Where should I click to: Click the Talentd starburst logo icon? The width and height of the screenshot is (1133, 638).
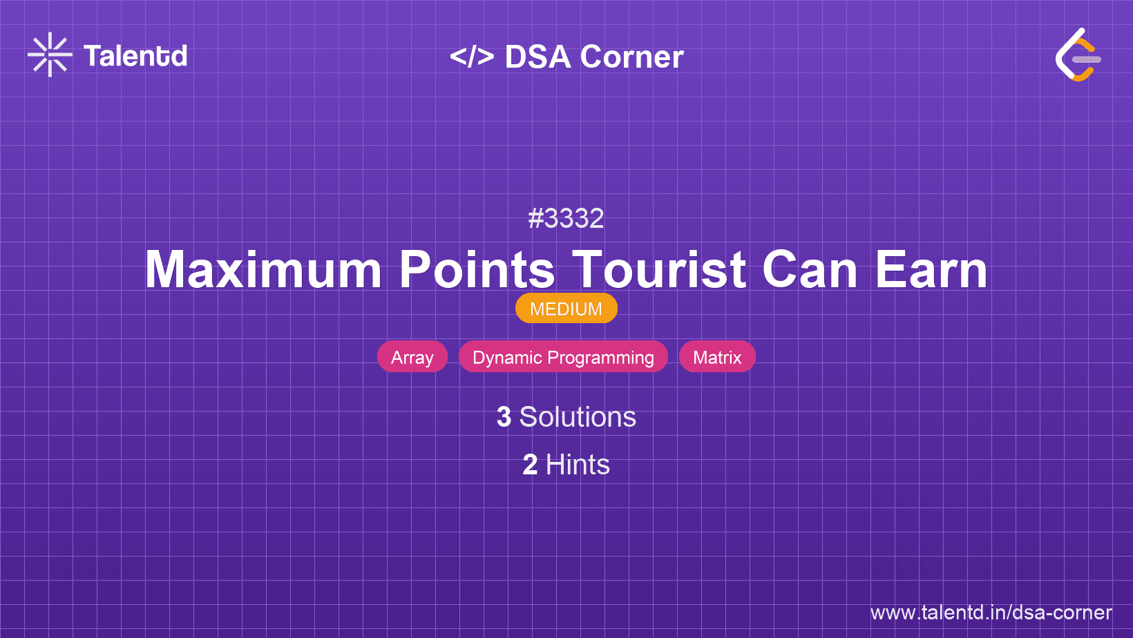click(50, 55)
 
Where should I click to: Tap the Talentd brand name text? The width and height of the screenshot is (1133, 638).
click(135, 56)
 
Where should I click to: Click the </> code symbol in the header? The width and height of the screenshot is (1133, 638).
click(471, 57)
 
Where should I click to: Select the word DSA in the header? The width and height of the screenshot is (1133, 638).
click(537, 57)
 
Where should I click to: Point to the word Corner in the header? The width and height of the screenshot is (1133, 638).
click(631, 57)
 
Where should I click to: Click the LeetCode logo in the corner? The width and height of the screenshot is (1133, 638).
click(1078, 55)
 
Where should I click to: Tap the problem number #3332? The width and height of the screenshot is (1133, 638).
click(566, 218)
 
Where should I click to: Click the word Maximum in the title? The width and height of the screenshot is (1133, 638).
click(263, 269)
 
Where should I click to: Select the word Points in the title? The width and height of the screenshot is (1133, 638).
click(477, 269)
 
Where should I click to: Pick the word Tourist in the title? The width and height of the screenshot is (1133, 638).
click(658, 269)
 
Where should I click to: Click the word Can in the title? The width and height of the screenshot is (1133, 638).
click(810, 269)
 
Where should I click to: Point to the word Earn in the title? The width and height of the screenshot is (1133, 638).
click(931, 269)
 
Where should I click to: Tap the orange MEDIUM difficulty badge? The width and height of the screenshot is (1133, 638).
click(566, 309)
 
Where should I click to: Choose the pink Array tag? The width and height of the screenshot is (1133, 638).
click(412, 357)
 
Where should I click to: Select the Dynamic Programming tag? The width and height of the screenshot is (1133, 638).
click(564, 357)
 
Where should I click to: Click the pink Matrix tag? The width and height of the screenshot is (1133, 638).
click(717, 357)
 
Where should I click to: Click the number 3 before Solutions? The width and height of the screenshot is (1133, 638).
click(504, 417)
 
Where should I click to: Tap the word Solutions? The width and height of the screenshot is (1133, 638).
click(578, 417)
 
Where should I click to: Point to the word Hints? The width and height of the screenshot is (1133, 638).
click(578, 465)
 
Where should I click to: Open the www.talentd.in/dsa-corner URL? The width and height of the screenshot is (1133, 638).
click(991, 612)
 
